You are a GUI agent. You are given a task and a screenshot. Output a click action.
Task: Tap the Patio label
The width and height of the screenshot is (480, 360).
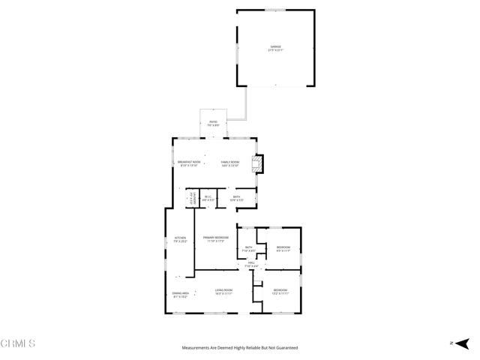click(213, 122)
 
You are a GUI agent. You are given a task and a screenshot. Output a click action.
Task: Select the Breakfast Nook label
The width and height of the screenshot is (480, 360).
click(189, 163)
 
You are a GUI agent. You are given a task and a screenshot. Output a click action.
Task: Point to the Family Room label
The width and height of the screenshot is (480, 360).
click(229, 163)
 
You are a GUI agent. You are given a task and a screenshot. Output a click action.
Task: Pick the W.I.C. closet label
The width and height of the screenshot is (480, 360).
click(208, 199)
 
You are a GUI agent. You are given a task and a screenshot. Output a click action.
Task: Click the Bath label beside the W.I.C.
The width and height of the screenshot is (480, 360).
click(236, 199)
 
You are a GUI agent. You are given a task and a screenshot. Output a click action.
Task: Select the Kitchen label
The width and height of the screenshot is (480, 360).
click(180, 239)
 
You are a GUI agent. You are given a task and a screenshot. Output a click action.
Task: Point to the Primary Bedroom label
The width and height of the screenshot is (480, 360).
click(216, 239)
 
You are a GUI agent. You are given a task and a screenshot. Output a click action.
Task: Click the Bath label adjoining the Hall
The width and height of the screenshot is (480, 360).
click(249, 248)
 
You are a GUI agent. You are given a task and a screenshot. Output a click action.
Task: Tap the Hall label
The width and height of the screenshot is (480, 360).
click(252, 264)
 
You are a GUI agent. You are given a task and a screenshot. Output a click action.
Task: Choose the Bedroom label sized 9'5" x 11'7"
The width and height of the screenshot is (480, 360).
click(283, 248)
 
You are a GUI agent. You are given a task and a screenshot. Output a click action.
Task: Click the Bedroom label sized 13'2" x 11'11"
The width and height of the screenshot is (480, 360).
click(280, 290)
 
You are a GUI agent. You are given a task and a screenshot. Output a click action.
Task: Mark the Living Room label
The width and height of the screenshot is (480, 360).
click(223, 291)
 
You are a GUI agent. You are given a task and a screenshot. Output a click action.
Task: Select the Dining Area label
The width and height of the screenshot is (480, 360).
click(180, 295)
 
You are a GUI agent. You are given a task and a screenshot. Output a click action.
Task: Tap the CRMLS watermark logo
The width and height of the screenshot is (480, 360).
click(19, 344)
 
